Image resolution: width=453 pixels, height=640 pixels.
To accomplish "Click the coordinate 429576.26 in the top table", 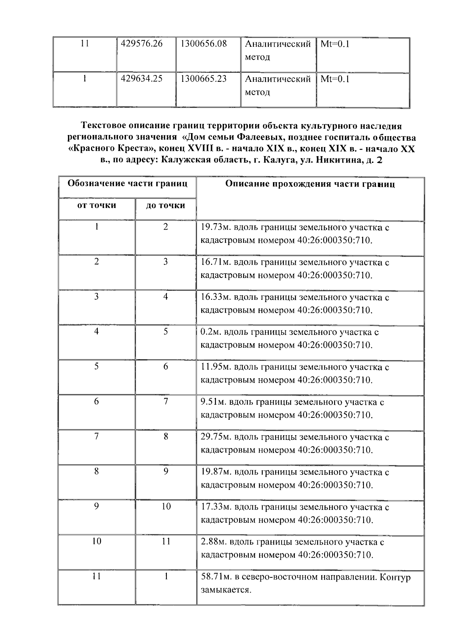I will [x=141, y=44].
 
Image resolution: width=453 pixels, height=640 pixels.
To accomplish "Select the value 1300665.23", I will [x=203, y=79].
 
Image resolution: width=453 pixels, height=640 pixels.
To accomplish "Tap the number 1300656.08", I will [x=203, y=44].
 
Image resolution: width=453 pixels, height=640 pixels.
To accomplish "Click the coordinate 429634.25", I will [x=141, y=79].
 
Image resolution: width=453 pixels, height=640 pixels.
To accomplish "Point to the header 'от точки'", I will [x=97, y=206].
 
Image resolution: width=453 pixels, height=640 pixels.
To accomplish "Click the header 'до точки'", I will [x=165, y=206].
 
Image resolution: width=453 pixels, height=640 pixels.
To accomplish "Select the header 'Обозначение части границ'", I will [x=127, y=184].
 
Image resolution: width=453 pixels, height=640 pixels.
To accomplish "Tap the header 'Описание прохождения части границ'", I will [x=310, y=184].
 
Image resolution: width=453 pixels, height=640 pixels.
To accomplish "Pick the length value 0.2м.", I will [x=210, y=332].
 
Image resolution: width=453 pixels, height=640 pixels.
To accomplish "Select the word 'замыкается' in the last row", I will [x=225, y=590].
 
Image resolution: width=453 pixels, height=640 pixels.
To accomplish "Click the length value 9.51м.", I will [x=213, y=402].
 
